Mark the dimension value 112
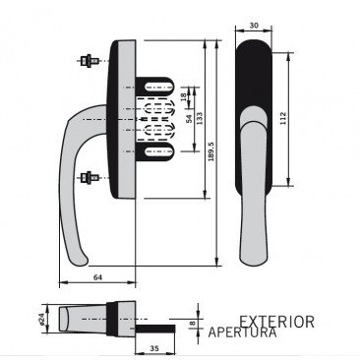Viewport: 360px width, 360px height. (299, 117)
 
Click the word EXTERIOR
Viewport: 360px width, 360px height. (276, 322)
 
